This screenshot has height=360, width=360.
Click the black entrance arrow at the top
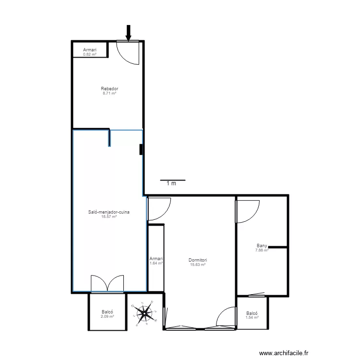[128, 32]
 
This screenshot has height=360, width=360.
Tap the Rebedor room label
[109, 89]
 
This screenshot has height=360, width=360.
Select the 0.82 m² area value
[90, 54]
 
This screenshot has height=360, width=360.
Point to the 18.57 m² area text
[109, 216]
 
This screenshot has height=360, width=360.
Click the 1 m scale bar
[172, 180]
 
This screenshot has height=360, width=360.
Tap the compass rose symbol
[144, 313]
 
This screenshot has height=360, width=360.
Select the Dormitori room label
[198, 260]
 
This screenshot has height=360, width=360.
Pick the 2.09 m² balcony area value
[107, 316]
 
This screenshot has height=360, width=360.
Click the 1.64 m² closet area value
[156, 263]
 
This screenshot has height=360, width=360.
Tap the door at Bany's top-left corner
[248, 211]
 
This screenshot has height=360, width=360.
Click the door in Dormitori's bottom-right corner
[226, 318]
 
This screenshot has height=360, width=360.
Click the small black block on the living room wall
[141, 150]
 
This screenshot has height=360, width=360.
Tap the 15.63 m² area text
[198, 264]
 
